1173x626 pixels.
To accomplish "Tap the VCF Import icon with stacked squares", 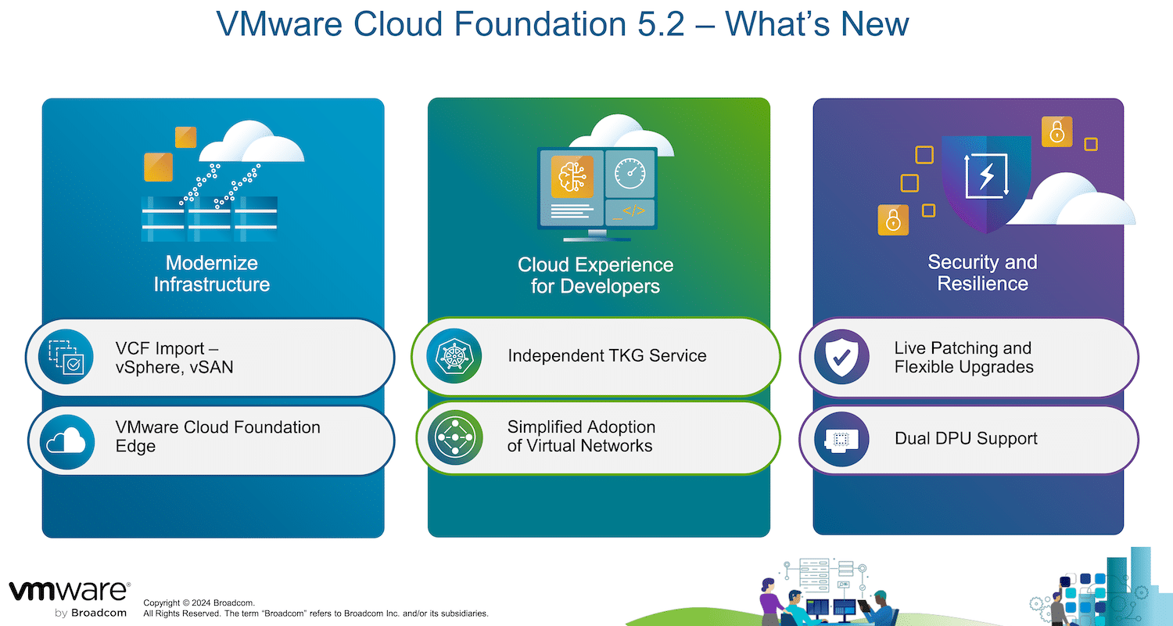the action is pos(66,357).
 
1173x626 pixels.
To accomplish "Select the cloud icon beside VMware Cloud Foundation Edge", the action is pos(66,441).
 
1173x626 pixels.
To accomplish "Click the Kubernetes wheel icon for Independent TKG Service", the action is pos(454,356).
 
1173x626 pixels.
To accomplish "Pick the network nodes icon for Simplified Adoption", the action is pos(455,437).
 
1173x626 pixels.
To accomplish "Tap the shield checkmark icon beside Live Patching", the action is pos(841,357).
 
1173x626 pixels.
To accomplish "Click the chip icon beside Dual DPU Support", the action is pos(841,439).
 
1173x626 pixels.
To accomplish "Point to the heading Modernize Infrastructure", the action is pos(212,273).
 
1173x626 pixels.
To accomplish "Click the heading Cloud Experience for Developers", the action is pos(595,275).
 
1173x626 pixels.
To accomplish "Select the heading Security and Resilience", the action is pos(982,272).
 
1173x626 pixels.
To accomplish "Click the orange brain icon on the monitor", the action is pos(572,176).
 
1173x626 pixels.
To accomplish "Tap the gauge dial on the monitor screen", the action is pos(630,174).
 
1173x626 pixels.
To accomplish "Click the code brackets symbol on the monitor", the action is pos(633,211).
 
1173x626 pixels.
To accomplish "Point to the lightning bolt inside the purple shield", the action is pos(987,176).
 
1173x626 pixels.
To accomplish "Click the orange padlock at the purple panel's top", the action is pos(1056,131).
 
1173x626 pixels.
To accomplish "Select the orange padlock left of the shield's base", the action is pos(893,220).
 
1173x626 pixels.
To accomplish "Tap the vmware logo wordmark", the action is pos(69,591).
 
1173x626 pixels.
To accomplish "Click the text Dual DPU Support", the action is pos(966,438).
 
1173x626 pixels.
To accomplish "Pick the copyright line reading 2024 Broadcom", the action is pos(199,603).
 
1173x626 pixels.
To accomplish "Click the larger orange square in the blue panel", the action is pos(158,167).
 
